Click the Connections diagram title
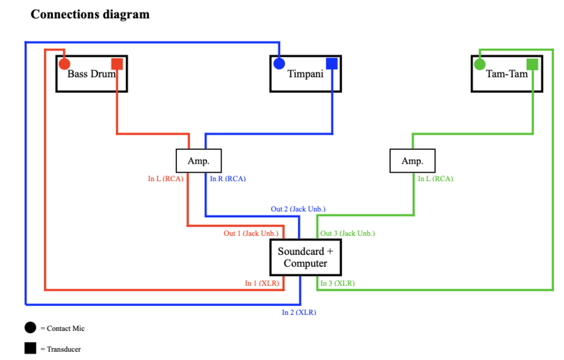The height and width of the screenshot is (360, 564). pyautogui.click(x=90, y=14)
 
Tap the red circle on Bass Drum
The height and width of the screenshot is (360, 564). pyautogui.click(x=64, y=64)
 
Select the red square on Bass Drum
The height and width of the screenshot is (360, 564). pyautogui.click(x=116, y=64)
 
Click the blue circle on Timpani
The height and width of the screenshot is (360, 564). pyautogui.click(x=279, y=64)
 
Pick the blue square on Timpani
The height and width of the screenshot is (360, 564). pyautogui.click(x=332, y=64)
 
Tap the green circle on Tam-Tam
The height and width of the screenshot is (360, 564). pyautogui.click(x=480, y=64)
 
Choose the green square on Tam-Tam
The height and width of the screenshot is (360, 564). pyautogui.click(x=533, y=64)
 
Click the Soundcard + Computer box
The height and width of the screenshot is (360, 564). pyautogui.click(x=305, y=257)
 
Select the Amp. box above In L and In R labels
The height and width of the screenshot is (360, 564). pyautogui.click(x=198, y=160)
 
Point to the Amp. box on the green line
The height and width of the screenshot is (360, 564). pyautogui.click(x=412, y=160)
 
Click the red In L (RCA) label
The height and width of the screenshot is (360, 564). pyautogui.click(x=166, y=179)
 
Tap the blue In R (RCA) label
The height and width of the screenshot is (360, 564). pyautogui.click(x=228, y=179)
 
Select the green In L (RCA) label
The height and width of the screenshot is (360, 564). pyautogui.click(x=436, y=179)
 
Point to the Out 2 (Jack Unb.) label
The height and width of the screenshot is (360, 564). pyautogui.click(x=298, y=209)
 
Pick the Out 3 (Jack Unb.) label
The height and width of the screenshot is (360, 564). pyautogui.click(x=347, y=233)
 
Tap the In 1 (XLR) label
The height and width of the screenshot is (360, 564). pyautogui.click(x=262, y=283)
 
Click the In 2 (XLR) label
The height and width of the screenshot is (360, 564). pyautogui.click(x=299, y=312)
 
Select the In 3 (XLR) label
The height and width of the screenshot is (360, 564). pyautogui.click(x=337, y=283)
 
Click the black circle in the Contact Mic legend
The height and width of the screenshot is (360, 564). pyautogui.click(x=30, y=327)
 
